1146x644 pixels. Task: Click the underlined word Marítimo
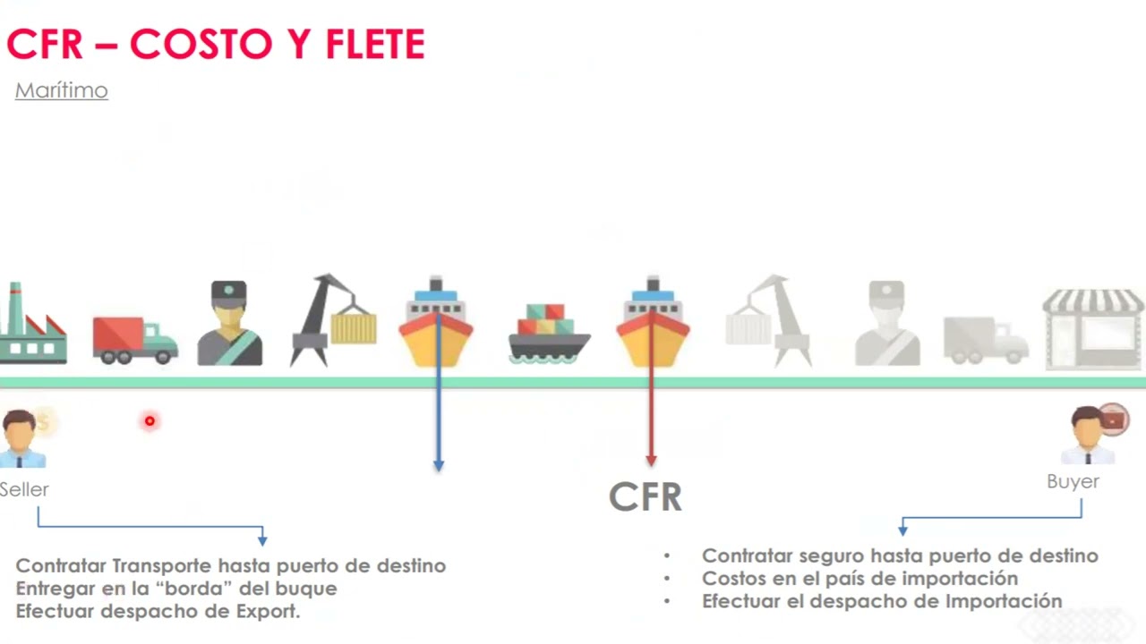tap(62, 90)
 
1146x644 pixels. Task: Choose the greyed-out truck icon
tap(986, 340)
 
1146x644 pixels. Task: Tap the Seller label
tap(24, 489)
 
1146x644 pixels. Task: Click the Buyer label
tap(1073, 481)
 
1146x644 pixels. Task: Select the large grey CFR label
tap(645, 496)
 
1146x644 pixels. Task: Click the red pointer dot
tap(150, 420)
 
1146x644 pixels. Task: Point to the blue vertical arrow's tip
tap(439, 466)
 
